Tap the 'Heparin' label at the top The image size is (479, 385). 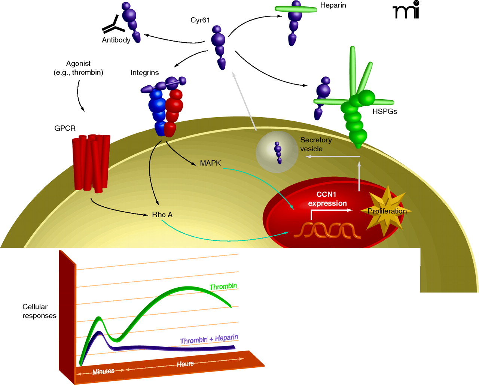tap(333, 6)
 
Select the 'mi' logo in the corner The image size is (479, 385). tap(406, 10)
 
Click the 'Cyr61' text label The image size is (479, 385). tap(200, 20)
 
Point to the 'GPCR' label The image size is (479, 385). tap(65, 128)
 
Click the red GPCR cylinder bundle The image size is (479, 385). tap(91, 163)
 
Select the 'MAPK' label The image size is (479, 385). tap(210, 163)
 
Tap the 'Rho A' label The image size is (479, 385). tap(162, 215)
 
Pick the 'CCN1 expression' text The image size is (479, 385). tap(327, 199)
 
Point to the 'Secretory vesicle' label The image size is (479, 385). tap(315, 145)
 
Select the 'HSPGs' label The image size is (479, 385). tap(384, 112)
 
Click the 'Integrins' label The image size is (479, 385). tap(144, 73)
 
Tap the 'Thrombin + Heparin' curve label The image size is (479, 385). tap(209, 339)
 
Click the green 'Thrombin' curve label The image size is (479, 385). tap(223, 287)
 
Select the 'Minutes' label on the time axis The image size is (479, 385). tap(103, 371)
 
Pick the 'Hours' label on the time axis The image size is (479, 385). tap(185, 364)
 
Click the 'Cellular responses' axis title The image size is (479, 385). tap(39, 311)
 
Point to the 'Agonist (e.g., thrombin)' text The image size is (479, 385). tap(78, 68)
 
